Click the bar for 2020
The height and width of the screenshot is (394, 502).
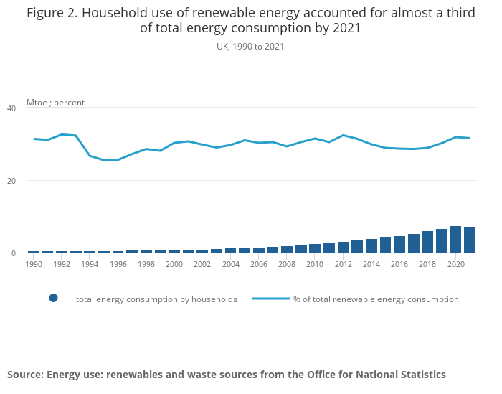[455, 240]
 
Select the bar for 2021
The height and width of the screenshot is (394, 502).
[470, 240]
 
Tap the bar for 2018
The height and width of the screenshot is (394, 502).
[427, 242]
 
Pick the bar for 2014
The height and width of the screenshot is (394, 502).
[371, 245]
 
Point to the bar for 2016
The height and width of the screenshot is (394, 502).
[399, 244]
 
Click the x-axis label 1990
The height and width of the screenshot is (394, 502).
[34, 264]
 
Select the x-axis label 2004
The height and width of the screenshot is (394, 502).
[230, 264]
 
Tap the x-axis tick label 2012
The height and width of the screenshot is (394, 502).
[343, 264]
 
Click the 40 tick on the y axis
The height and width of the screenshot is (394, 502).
[11, 108]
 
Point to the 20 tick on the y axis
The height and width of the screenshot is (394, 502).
[11, 181]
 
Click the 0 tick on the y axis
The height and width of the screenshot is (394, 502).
[13, 253]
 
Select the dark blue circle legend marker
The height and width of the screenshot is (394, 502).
[53, 299]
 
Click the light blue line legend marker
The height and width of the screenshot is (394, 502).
[270, 299]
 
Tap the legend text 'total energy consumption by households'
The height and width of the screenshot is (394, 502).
[156, 299]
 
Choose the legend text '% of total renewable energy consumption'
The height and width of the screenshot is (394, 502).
[376, 299]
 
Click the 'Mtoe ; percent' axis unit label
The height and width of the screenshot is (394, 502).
[55, 103]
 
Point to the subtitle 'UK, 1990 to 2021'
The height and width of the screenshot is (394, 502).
[250, 47]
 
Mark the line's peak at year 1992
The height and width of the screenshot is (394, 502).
[62, 134]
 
